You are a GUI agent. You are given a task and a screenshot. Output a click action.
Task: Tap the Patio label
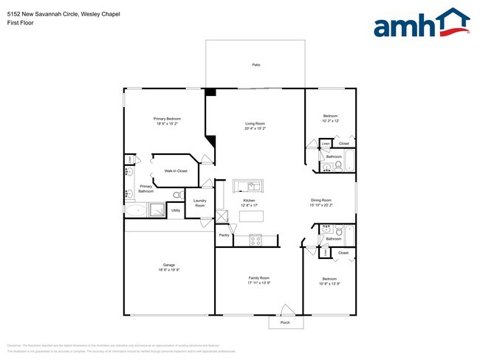pyautogui.click(x=256, y=65)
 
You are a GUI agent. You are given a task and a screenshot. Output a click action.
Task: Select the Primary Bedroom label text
pyautogui.click(x=167, y=119)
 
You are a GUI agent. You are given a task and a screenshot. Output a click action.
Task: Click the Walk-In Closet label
pyautogui.click(x=175, y=170)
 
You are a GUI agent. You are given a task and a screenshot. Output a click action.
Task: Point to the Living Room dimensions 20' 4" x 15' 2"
pyautogui.click(x=255, y=128)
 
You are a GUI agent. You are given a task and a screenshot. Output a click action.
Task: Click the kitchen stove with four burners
pyautogui.click(x=256, y=239)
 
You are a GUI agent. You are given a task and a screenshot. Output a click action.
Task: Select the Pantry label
pyautogui.click(x=224, y=235)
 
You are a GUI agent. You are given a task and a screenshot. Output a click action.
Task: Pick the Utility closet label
pyautogui.click(x=176, y=211)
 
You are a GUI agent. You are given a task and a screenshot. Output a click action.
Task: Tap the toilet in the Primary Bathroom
pyautogui.click(x=177, y=195)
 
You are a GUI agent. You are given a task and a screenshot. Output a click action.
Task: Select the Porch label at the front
pyautogui.click(x=285, y=323)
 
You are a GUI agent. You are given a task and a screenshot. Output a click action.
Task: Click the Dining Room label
pyautogui.click(x=320, y=201)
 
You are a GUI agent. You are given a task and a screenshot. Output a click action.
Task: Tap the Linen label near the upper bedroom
pyautogui.click(x=326, y=143)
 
